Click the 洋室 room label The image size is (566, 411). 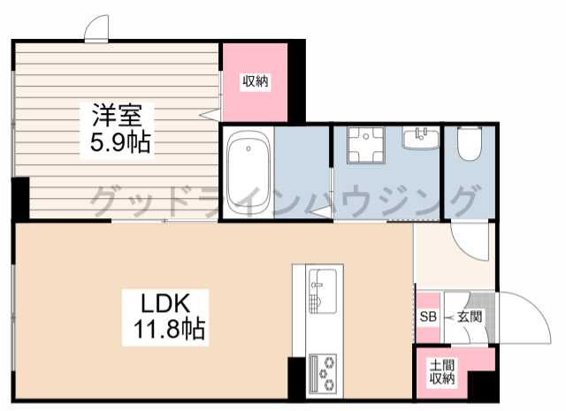tap(119, 115)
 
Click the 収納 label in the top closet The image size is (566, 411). tap(255, 81)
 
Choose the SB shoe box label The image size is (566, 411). tap(428, 316)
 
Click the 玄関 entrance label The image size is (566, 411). tap(469, 316)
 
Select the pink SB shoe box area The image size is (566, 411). tap(428, 316)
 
